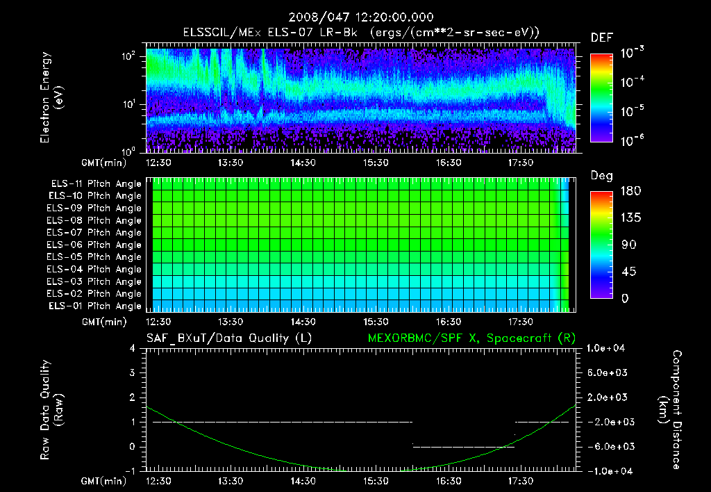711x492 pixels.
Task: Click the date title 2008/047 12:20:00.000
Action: tap(355, 17)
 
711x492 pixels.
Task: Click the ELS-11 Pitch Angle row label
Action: tap(94, 183)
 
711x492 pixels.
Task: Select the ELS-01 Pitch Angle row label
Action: tap(94, 306)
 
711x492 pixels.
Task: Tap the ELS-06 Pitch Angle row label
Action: tap(94, 245)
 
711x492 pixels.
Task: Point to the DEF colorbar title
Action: tap(601, 38)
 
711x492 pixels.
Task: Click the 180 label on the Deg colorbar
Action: tap(628, 190)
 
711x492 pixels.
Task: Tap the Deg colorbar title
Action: tap(601, 176)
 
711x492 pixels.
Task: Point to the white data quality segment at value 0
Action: tap(464, 447)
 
